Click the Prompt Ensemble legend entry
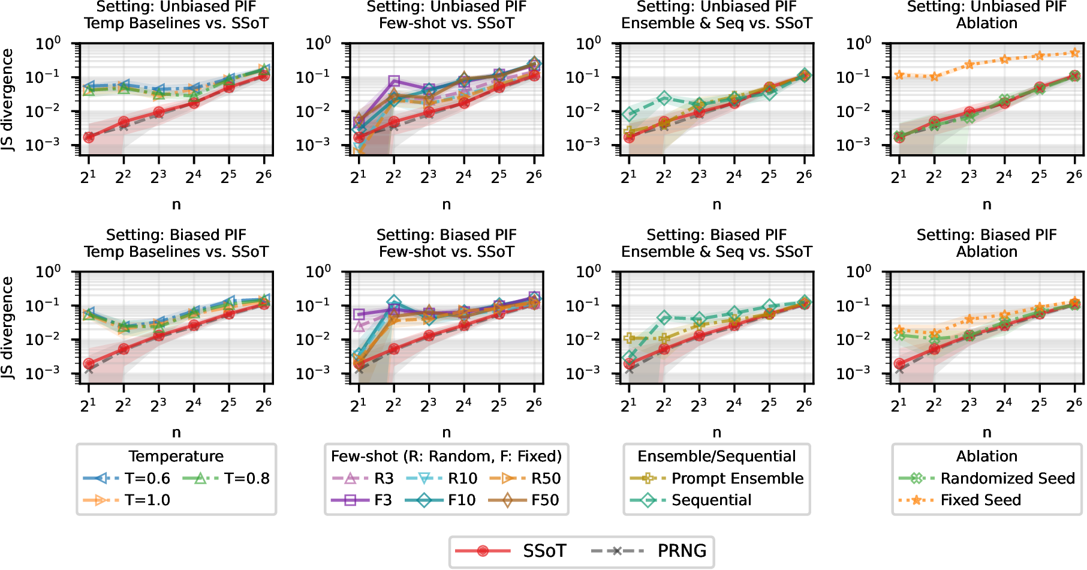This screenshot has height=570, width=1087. pyautogui.click(x=717, y=478)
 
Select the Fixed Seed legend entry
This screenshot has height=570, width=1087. pyautogui.click(x=960, y=500)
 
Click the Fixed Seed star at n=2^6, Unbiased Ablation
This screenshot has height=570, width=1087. pyautogui.click(x=1074, y=53)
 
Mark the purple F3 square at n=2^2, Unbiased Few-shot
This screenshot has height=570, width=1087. pyautogui.click(x=393, y=81)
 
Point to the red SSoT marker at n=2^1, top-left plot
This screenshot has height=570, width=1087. pyautogui.click(x=88, y=137)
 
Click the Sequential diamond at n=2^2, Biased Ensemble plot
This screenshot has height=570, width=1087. pyautogui.click(x=663, y=317)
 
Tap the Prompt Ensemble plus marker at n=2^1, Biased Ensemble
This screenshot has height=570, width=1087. pyautogui.click(x=628, y=338)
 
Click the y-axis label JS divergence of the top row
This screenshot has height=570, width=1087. pyautogui.click(x=7, y=100)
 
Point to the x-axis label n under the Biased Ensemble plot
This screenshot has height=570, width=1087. pyautogui.click(x=716, y=433)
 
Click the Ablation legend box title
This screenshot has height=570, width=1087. pyautogui.click(x=986, y=457)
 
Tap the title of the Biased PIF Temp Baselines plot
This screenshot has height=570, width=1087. pyautogui.click(x=176, y=243)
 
